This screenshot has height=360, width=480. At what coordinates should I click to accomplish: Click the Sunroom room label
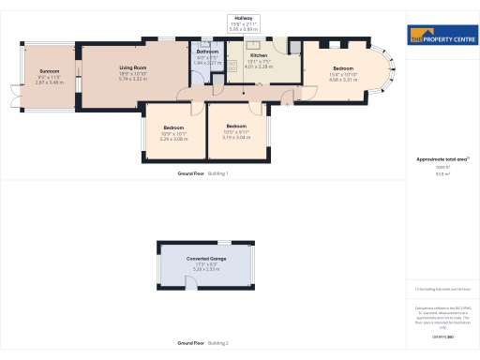tap(49, 71)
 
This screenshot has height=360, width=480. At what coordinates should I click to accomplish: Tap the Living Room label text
tap(132, 67)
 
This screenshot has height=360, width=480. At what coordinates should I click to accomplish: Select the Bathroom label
tap(207, 51)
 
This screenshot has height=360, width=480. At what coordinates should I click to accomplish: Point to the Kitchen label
tap(258, 55)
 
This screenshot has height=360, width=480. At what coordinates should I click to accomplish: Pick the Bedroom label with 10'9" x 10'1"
tap(173, 127)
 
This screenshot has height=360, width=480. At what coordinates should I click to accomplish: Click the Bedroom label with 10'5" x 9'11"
tap(235, 126)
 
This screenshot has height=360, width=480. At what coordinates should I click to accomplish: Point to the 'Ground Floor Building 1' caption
tap(202, 174)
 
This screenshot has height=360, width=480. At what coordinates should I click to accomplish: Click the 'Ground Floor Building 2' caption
tap(202, 343)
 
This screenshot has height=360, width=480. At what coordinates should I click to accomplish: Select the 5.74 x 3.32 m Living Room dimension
tap(132, 80)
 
